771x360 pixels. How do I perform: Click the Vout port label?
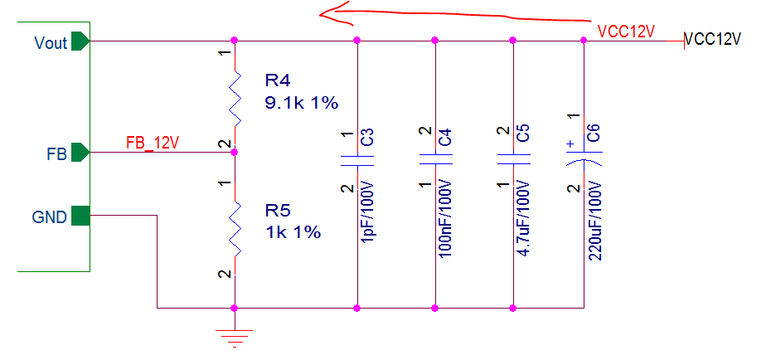click(51, 42)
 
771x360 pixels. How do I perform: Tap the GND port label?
click(51, 217)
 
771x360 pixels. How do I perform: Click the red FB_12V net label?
click(152, 143)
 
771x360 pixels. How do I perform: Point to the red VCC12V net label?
click(626, 32)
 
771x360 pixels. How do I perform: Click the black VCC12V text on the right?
click(712, 40)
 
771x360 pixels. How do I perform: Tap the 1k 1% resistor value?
click(293, 232)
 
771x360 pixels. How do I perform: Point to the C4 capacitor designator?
click(445, 138)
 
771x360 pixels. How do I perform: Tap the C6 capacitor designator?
click(593, 133)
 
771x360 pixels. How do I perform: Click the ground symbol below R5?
click(235, 336)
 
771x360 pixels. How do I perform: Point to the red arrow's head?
click(325, 12)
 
